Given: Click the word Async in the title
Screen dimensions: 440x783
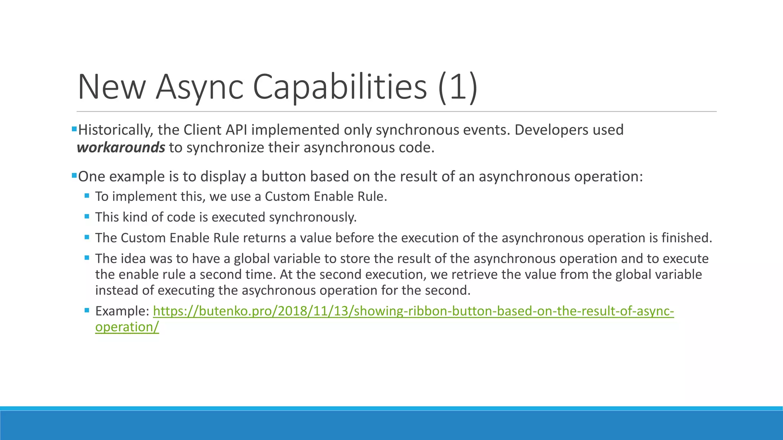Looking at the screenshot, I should click(199, 87).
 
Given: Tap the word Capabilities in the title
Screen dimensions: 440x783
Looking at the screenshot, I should click(340, 87).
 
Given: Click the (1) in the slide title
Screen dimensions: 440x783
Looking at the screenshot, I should click(457, 87).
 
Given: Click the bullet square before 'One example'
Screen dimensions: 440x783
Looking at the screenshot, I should click(74, 176).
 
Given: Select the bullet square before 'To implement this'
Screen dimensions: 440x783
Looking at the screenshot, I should click(87, 196).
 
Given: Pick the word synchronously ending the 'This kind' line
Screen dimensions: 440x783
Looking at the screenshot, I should click(312, 217).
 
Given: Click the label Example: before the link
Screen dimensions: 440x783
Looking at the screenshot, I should click(122, 311).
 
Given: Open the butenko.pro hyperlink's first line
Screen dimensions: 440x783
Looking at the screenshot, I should click(413, 311).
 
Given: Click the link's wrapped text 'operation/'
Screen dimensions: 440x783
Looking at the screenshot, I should click(127, 327).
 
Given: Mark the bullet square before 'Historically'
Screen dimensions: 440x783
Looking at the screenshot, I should click(74, 129).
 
